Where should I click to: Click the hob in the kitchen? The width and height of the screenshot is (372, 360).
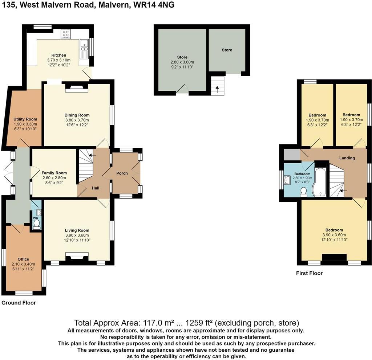pyautogui.click(x=66, y=34)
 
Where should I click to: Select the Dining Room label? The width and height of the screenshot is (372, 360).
pyautogui.click(x=77, y=115)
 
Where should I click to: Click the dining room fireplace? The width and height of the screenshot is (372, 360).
pyautogui.click(x=77, y=87)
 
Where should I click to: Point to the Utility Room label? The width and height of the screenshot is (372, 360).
pyautogui.click(x=25, y=119)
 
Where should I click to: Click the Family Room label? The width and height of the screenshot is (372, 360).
pyautogui.click(x=54, y=173)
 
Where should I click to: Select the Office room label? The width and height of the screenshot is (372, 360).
pyautogui.click(x=23, y=259)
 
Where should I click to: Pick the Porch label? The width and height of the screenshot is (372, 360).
pyautogui.click(x=122, y=173)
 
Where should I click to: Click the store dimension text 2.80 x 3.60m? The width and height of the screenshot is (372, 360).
pyautogui.click(x=182, y=62)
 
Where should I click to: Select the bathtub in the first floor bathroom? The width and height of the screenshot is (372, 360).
pyautogui.click(x=320, y=182)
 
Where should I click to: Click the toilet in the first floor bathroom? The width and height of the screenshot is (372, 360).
pyautogui.click(x=304, y=192)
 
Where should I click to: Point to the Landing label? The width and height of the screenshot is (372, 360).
pyautogui.click(x=347, y=158)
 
